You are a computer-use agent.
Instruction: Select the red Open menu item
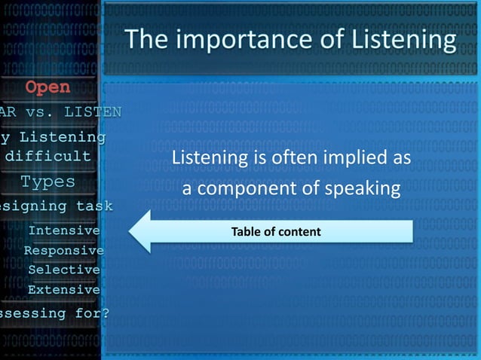[48, 87]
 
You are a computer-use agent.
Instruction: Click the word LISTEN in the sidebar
[93, 112]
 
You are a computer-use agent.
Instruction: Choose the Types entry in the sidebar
[47, 182]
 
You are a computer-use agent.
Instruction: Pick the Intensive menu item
[63, 230]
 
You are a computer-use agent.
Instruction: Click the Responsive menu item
[64, 250]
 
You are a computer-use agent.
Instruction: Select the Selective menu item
[63, 270]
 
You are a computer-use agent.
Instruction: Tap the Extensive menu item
[63, 289]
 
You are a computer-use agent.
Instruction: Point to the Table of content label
[275, 232]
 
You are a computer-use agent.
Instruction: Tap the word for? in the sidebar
[90, 313]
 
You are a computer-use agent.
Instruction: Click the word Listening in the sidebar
[62, 137]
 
